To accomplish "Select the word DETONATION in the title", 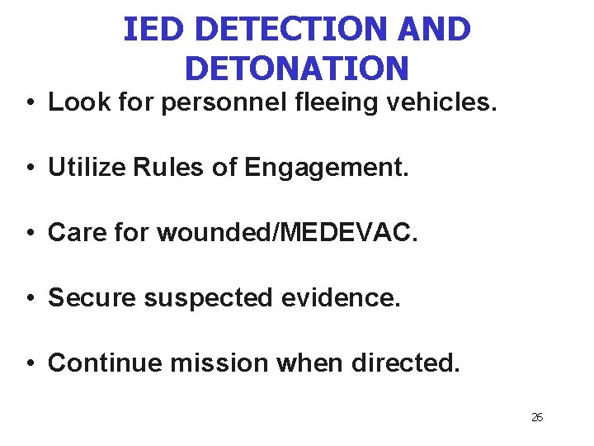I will coord(297,68).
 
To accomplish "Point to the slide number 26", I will coord(537,417).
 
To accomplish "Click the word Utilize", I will coord(86,168).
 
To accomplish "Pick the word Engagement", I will coord(326,168).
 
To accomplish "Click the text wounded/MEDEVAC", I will coord(287,233).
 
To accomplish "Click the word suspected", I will coord(207,298).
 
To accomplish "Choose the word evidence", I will coord(340,297).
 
